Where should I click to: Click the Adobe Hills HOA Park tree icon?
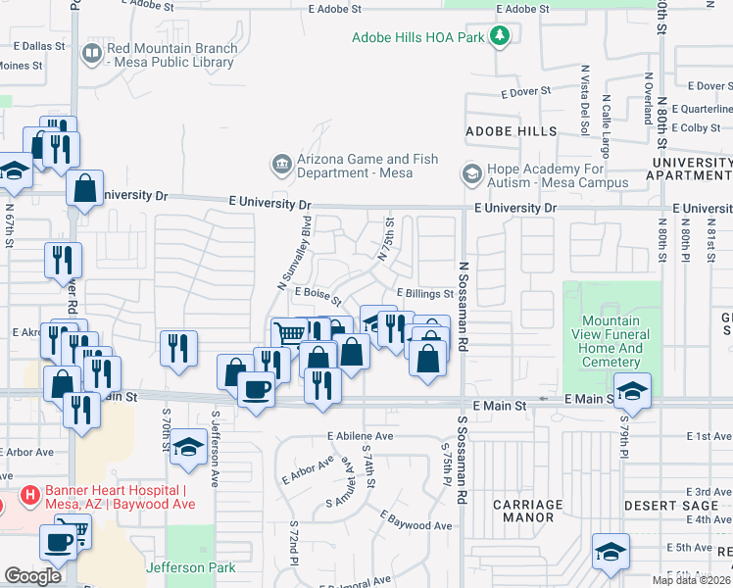(x=501, y=37)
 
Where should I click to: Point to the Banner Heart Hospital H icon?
(x=30, y=498)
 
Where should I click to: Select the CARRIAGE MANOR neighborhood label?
(x=527, y=512)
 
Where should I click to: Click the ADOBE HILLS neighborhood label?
(x=511, y=131)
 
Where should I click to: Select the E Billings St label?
(x=424, y=293)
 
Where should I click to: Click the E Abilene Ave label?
(x=360, y=436)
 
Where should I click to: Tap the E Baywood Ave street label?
(x=416, y=522)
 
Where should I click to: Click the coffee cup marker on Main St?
(x=256, y=388)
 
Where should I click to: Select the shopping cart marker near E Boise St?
(x=289, y=333)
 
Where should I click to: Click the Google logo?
(x=33, y=576)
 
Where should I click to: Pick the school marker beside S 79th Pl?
(x=632, y=390)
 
